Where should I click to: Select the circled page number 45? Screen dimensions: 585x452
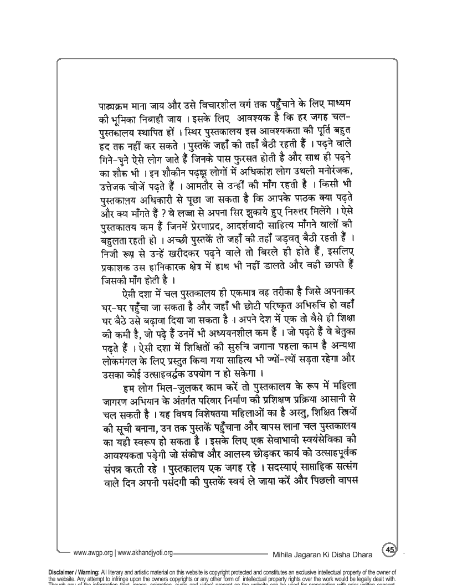389,550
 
